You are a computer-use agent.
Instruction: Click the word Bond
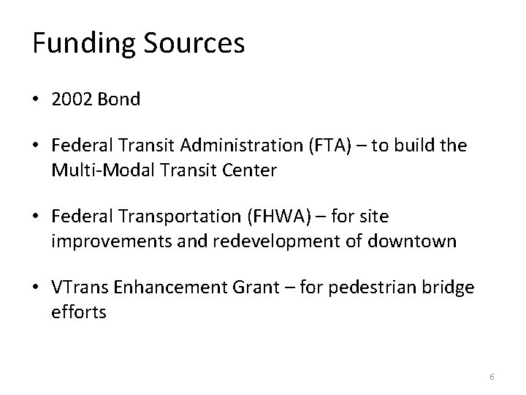click(x=119, y=99)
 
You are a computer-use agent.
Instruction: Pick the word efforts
click(x=79, y=312)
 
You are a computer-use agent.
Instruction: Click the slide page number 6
click(x=492, y=376)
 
